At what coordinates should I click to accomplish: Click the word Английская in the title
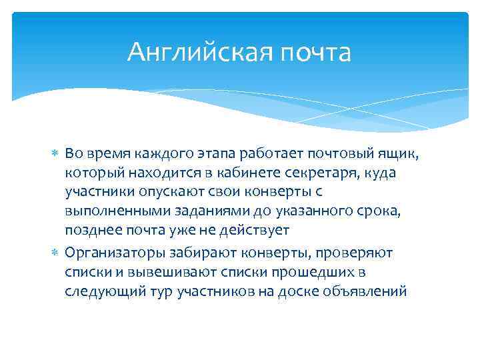coord(197,52)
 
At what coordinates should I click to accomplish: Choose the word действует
coord(257,230)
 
